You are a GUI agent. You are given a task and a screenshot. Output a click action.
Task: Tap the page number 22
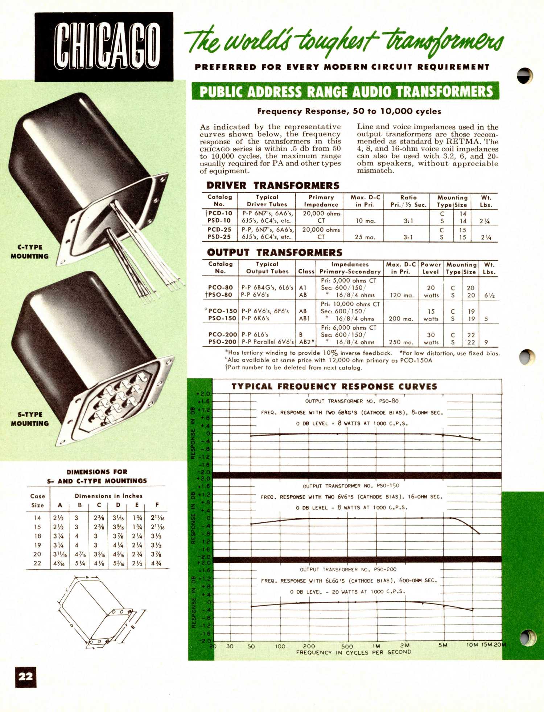click(x=26, y=676)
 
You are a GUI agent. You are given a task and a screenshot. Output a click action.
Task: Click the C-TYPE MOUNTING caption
click(x=30, y=252)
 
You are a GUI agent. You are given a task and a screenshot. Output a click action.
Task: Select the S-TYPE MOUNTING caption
click(x=30, y=419)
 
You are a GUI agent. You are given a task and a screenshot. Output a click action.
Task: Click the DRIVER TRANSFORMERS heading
click(x=273, y=186)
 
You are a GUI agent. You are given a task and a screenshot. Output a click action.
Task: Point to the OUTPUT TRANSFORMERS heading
click(x=275, y=252)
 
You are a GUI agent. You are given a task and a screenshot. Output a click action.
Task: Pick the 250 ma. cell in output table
click(x=401, y=342)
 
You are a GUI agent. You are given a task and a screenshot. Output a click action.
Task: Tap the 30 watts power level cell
click(x=431, y=338)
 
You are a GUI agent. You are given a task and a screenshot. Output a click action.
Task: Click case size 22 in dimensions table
click(x=37, y=563)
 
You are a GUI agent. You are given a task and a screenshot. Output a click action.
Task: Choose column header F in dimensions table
click(x=157, y=505)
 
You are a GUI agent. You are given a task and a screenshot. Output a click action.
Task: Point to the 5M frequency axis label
click(x=442, y=645)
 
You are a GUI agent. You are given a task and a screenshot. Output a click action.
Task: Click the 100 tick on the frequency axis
click(x=280, y=646)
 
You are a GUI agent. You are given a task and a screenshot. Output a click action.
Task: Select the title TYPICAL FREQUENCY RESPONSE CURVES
click(x=334, y=387)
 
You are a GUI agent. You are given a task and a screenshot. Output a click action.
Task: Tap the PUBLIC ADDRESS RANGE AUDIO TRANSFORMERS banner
click(x=346, y=91)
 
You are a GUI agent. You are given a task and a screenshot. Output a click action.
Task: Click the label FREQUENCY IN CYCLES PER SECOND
click(x=354, y=652)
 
